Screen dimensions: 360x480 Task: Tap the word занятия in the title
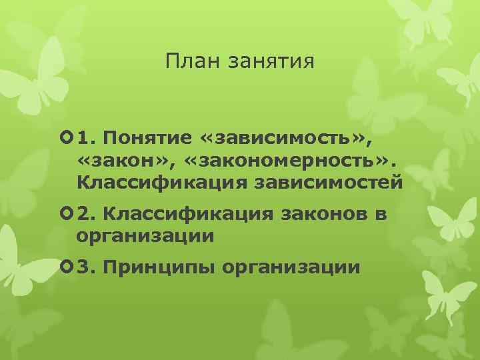point(271,64)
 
